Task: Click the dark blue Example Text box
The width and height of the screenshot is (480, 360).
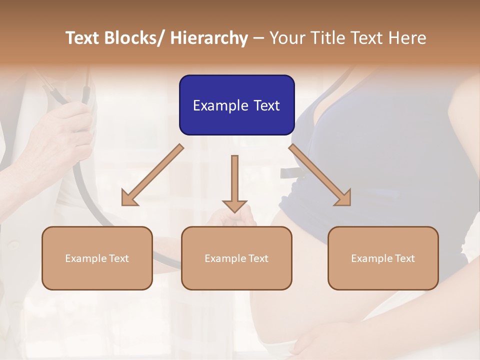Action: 236,105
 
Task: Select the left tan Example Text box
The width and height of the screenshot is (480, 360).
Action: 97,258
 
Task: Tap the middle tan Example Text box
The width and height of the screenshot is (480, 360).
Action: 236,258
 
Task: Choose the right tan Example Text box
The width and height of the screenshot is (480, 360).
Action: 383,258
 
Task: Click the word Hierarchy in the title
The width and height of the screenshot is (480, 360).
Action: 209,38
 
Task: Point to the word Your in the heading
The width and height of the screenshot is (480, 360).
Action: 286,38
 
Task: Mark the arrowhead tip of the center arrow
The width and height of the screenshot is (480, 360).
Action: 234,212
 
